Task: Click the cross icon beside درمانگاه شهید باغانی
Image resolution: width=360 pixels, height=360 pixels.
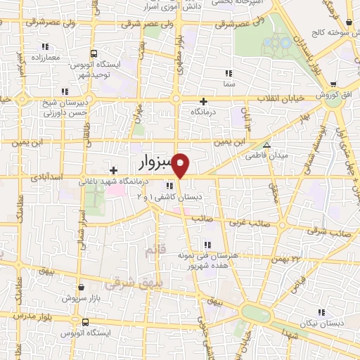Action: pyautogui.click(x=114, y=170)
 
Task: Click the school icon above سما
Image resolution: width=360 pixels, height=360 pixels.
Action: pyautogui.click(x=227, y=73)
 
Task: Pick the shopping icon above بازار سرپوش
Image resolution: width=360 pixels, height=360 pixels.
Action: pyautogui.click(x=83, y=287)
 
